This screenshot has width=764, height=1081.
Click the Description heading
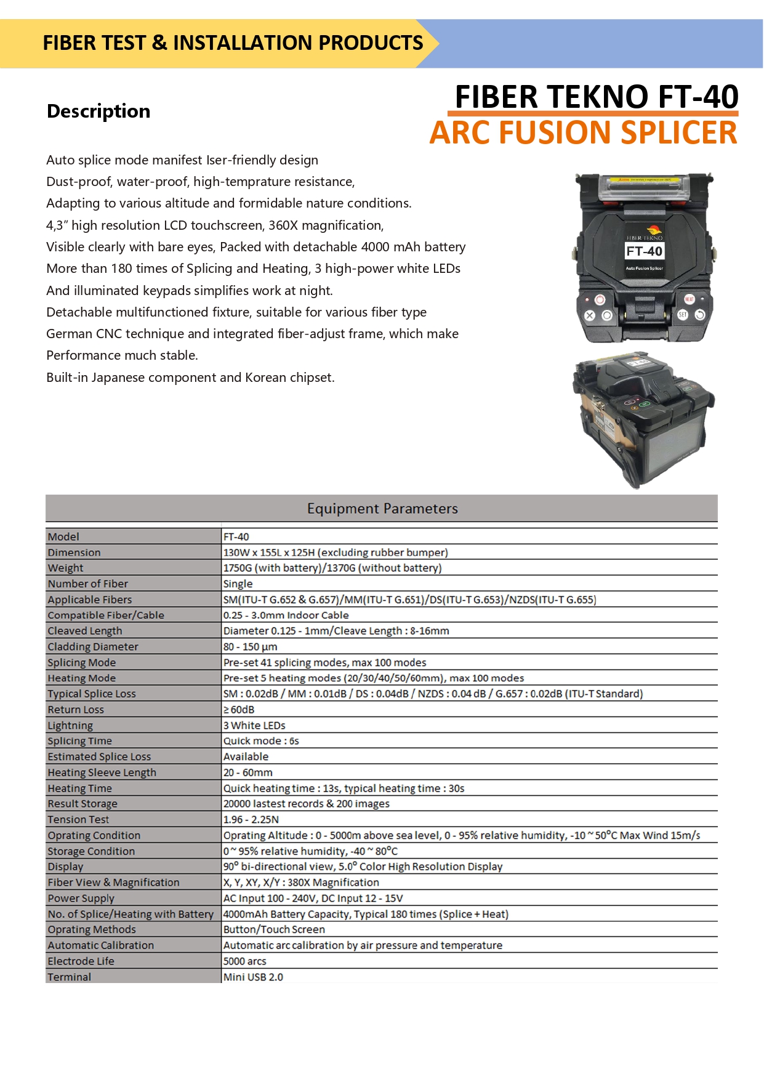coord(99,111)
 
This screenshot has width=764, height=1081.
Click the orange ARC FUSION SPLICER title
coord(583,133)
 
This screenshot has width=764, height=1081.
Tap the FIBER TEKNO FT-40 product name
coord(596,97)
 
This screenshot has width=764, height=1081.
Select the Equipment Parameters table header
coord(382,509)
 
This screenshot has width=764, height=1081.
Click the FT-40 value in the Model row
coord(236,536)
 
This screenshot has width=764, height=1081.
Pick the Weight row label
coord(65,568)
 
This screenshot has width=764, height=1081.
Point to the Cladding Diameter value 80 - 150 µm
coord(251,647)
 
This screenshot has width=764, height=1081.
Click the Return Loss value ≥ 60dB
coord(239,710)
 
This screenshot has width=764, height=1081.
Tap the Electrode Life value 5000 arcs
coord(245,961)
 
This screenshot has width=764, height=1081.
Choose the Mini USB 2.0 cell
coord(253,977)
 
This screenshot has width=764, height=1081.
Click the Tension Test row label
coord(78,820)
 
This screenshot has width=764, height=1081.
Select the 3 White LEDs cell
coord(254,726)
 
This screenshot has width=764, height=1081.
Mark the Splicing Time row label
coord(80,741)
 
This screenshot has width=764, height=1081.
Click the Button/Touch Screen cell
coord(274,929)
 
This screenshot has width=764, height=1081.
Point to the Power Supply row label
coord(81,898)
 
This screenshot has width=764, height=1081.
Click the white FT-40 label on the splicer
coord(644,251)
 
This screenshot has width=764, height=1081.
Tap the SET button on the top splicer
coord(683,315)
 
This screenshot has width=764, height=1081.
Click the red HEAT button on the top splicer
coord(689,299)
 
